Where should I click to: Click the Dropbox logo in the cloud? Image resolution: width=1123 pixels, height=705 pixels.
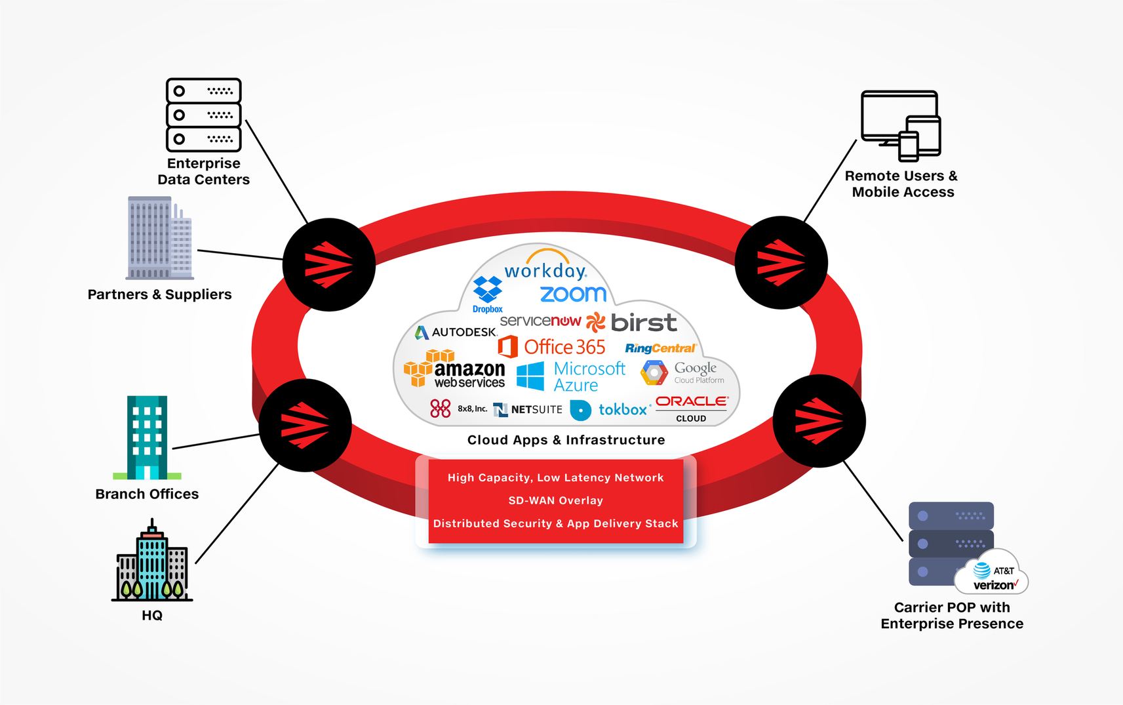[x=487, y=293]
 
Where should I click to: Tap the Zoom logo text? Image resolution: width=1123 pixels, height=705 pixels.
[x=573, y=294]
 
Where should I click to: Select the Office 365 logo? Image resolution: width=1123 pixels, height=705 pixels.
[x=552, y=347]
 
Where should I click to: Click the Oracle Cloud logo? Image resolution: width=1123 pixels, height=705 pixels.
[x=692, y=407]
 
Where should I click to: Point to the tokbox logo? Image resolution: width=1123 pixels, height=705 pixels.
[x=610, y=410]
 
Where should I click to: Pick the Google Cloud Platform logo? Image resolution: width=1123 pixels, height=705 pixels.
[x=682, y=373]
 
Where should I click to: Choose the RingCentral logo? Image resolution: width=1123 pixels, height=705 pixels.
[x=660, y=348]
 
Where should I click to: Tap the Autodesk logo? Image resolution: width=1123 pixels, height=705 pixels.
[x=456, y=332]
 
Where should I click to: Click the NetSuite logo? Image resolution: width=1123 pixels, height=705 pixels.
[x=528, y=409]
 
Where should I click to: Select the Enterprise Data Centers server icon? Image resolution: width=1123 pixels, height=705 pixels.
[x=203, y=115]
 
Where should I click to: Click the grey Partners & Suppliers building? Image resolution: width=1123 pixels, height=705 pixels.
[x=159, y=238]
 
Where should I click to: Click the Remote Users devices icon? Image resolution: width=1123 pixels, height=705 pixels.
[x=901, y=126]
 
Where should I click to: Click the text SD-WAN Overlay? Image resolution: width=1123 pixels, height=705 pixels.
[x=555, y=500]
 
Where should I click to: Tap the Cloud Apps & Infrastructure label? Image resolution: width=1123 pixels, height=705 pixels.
[x=566, y=440]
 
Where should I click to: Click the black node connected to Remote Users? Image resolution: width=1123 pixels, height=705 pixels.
[x=781, y=262]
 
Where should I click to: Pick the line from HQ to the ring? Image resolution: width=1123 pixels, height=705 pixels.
[x=237, y=514]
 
